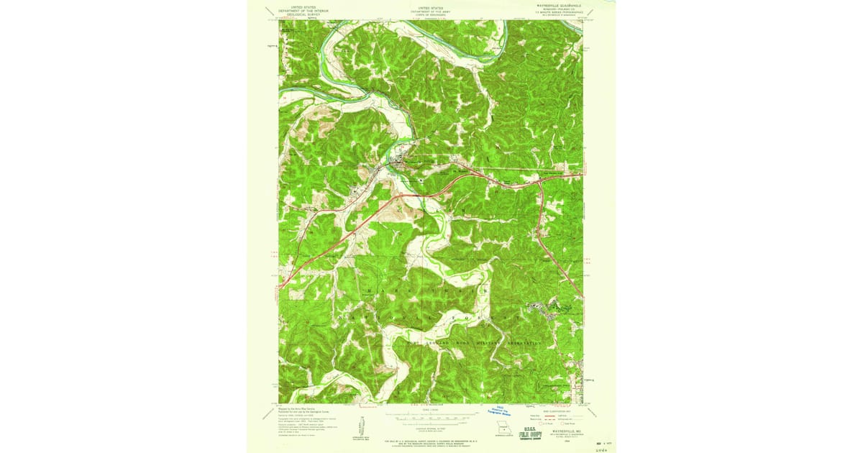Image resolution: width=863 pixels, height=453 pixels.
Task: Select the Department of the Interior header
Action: (303, 9)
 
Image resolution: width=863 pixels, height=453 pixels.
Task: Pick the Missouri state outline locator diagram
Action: (504, 432)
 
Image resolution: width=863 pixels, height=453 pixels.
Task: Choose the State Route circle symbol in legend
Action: (567, 424)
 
